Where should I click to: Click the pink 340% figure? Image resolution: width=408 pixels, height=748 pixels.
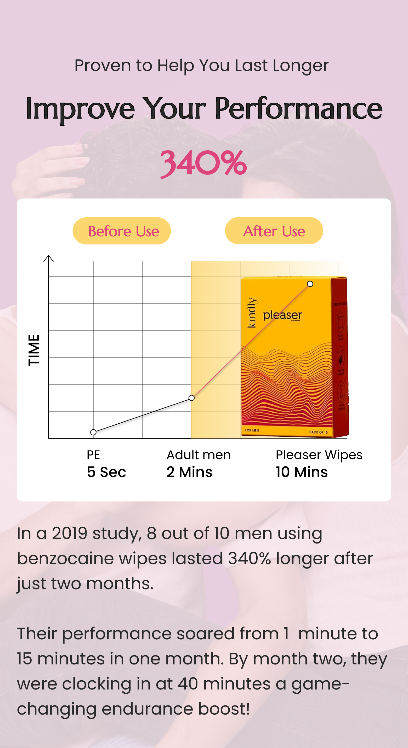(203, 163)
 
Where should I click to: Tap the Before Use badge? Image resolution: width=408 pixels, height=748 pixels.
(122, 231)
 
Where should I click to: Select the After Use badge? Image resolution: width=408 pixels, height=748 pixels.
(274, 231)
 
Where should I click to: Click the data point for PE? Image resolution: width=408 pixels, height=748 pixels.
(93, 432)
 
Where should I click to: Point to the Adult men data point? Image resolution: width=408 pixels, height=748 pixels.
(191, 398)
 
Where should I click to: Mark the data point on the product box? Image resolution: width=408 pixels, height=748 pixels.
(310, 284)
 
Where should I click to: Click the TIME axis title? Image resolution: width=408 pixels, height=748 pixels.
(34, 350)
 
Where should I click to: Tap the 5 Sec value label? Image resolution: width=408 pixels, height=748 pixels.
(106, 472)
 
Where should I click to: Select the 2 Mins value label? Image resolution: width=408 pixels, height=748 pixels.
(189, 472)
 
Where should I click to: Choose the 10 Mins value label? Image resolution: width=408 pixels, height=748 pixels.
(302, 472)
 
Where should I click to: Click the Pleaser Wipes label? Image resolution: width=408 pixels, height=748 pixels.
(319, 455)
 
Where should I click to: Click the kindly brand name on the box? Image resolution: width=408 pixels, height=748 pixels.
(252, 312)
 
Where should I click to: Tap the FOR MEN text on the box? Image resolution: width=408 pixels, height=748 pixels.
(252, 430)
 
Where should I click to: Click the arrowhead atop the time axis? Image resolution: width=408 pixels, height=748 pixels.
(49, 258)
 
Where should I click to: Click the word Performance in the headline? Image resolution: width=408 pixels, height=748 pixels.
(298, 108)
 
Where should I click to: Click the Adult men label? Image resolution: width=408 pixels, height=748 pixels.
(199, 455)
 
